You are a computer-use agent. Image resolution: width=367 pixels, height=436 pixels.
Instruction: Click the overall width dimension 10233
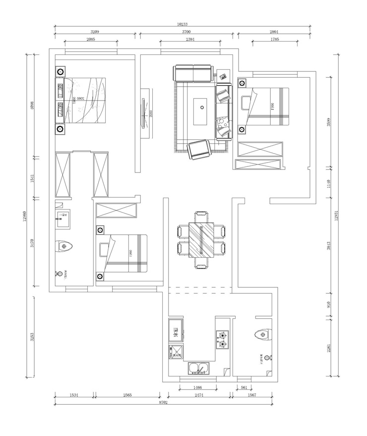tap(183, 23)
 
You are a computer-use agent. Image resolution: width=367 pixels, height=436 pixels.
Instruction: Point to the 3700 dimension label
tap(186, 31)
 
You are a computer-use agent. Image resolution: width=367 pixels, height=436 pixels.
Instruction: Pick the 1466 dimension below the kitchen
tap(197, 388)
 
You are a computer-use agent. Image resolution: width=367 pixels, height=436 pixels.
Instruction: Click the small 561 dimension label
tap(244, 388)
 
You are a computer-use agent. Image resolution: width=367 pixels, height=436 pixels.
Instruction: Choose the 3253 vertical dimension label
tap(31, 337)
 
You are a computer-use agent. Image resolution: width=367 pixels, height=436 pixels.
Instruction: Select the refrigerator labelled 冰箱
tap(175, 333)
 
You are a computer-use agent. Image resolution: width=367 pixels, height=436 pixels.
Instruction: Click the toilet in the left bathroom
tap(65, 246)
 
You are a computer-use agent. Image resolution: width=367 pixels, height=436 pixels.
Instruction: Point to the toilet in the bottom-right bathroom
tap(261, 335)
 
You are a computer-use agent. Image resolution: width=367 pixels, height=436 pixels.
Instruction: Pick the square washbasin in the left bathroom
tap(63, 218)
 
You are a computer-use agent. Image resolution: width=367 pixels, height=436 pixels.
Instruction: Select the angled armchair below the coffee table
tap(199, 150)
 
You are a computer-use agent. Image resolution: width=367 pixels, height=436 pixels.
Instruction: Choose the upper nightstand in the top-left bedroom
tap(60, 72)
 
